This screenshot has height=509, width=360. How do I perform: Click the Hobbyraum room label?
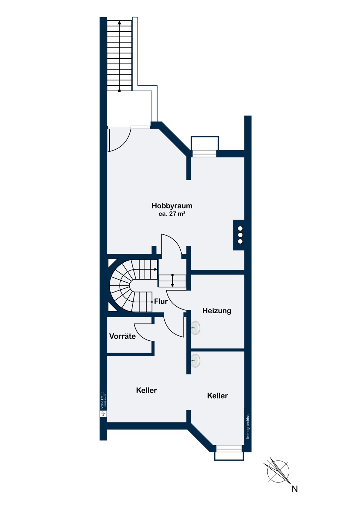pyautogui.click(x=172, y=206)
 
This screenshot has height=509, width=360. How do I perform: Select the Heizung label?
pyautogui.click(x=217, y=311)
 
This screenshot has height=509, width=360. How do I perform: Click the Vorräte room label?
pyautogui.click(x=122, y=336)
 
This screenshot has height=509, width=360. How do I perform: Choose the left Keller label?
pyautogui.click(x=146, y=390)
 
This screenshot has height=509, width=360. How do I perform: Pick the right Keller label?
pyautogui.click(x=217, y=396)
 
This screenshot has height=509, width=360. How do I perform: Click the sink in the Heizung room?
pyautogui.click(x=195, y=328)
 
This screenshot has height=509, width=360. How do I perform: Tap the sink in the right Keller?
pyautogui.click(x=195, y=360)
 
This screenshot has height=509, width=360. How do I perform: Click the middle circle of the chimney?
pyautogui.click(x=240, y=235)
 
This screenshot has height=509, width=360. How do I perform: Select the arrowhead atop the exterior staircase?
pyautogui.click(x=120, y=22)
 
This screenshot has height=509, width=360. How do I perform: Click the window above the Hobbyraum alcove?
pyautogui.click(x=204, y=154)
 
